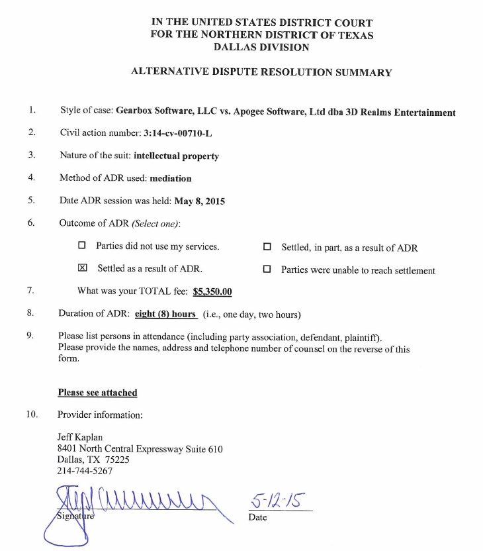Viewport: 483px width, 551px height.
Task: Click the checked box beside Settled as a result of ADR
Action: click(83, 269)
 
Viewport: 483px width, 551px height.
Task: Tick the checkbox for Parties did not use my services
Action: click(82, 246)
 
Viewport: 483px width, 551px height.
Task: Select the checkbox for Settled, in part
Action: click(267, 248)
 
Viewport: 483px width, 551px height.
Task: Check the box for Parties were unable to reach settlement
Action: click(267, 270)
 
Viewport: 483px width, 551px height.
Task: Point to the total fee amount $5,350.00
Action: click(212, 291)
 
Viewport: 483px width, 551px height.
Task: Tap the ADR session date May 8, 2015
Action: click(199, 201)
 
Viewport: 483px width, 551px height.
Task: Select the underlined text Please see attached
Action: click(97, 393)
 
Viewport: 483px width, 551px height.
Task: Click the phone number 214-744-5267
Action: click(85, 472)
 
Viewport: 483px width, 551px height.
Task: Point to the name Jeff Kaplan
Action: click(81, 437)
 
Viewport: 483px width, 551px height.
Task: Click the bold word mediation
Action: click(171, 178)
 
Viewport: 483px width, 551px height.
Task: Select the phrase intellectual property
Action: click(176, 156)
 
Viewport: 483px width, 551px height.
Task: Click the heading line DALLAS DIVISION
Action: click(261, 47)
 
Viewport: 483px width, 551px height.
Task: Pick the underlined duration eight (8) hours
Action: click(165, 314)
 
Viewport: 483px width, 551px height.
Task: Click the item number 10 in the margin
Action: click(32, 415)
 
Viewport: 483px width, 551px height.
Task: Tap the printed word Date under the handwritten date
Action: click(257, 517)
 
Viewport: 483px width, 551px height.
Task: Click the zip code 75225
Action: click(116, 460)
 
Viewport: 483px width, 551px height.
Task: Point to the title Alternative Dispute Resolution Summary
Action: click(261, 72)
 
